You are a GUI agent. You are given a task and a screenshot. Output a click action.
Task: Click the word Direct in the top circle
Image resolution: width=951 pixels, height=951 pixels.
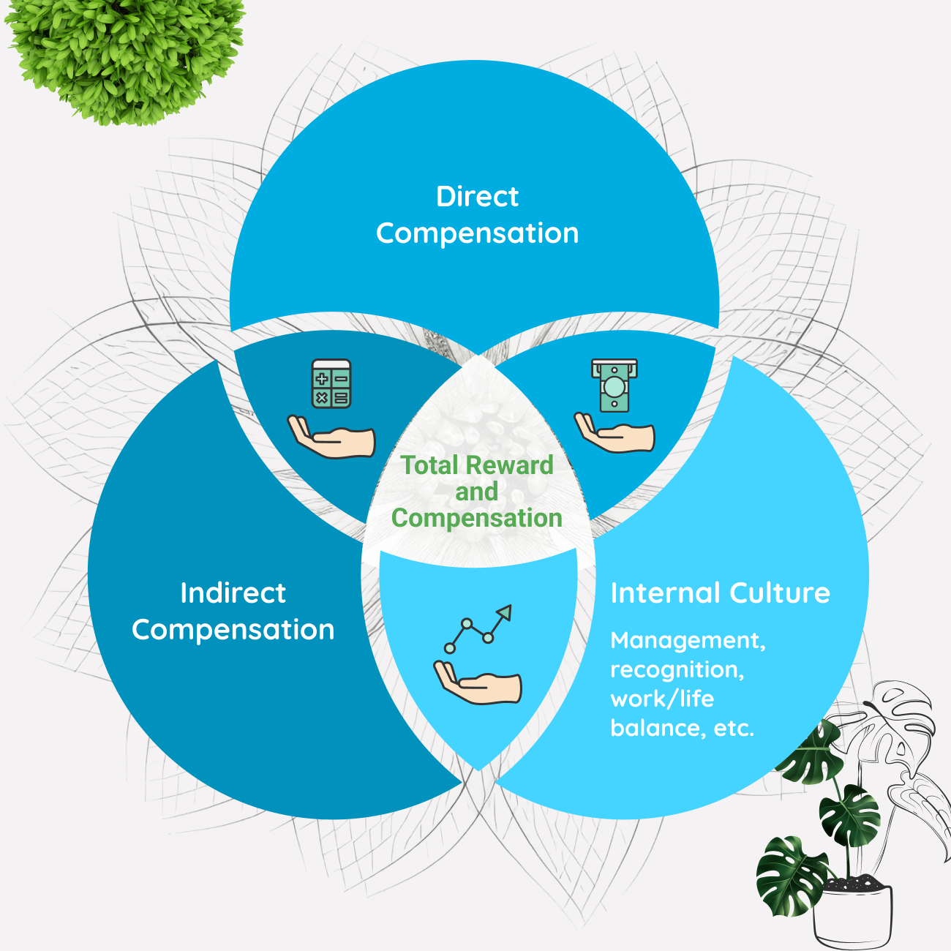tap(477, 197)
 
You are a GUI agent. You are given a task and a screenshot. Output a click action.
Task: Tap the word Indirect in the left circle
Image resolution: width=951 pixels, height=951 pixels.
tap(233, 593)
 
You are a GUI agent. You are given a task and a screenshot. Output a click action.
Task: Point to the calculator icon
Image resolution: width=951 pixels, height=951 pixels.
tap(331, 383)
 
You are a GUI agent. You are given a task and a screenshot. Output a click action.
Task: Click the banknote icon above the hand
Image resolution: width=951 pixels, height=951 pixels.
tap(614, 385)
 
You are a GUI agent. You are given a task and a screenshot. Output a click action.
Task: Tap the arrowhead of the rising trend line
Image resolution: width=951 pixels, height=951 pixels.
tap(504, 612)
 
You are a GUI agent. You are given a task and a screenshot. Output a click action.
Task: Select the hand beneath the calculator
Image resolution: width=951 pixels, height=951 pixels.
tap(332, 437)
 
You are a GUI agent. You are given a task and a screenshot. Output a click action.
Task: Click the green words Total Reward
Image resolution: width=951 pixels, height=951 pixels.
tap(477, 465)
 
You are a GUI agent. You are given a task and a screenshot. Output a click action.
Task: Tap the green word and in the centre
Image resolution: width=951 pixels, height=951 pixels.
tap(477, 492)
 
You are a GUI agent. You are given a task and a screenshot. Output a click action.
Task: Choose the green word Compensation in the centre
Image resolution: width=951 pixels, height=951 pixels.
tap(477, 518)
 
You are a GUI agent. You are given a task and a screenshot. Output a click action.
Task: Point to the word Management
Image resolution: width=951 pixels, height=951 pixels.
tap(688, 641)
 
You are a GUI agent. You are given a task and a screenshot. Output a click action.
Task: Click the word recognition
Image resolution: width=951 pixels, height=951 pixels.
tap(677, 670)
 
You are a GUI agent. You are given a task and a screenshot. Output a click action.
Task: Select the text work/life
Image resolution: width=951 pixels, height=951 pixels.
tap(662, 699)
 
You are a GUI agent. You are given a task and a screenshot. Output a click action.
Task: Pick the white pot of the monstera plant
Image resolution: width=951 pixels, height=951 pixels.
tap(853, 914)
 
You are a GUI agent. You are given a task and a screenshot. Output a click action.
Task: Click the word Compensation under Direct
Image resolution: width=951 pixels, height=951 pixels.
tap(477, 233)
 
